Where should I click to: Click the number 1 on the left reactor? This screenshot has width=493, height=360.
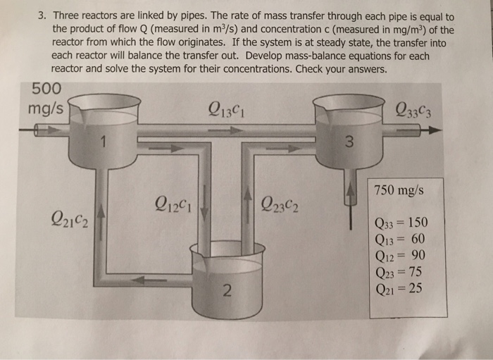click(x=103, y=144)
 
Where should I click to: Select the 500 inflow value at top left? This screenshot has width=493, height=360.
click(x=46, y=89)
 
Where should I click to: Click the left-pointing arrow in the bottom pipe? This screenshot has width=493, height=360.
click(x=149, y=280)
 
